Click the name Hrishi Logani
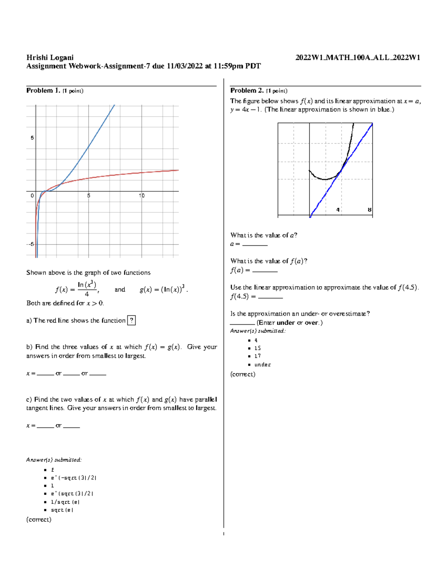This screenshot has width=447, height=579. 50,57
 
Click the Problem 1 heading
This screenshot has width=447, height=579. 43,91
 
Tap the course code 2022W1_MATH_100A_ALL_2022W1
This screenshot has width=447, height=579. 358,57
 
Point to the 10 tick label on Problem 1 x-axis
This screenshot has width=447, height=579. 142,196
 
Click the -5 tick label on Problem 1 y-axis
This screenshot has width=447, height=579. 30,244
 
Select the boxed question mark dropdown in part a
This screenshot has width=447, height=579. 131,321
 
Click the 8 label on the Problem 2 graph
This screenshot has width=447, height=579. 370,210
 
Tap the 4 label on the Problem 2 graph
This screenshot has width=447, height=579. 338,210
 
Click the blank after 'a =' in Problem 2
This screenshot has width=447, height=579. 255,245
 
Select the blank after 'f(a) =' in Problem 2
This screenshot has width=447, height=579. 265,271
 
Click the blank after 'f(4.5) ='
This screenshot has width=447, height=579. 270,297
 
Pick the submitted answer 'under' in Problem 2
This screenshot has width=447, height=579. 263,365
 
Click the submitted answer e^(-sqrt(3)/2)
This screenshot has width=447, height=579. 74,478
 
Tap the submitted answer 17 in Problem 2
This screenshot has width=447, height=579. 257,356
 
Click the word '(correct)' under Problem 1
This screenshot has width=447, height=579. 39,520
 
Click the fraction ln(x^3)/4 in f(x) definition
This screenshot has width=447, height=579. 87,289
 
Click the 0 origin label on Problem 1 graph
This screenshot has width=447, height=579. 32,196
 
